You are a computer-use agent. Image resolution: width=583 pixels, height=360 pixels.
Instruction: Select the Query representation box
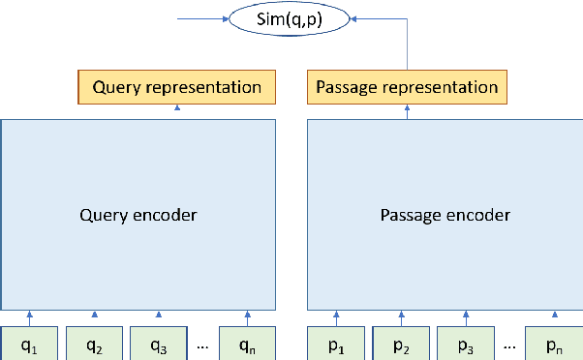177,87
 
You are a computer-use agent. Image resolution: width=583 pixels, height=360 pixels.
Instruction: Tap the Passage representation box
407,87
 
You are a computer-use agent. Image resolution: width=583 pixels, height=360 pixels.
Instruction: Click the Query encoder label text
138,214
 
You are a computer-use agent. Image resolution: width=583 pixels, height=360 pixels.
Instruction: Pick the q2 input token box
94,343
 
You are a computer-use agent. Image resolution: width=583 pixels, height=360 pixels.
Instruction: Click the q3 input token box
158,343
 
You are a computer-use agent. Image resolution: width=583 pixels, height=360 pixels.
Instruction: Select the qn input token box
247,343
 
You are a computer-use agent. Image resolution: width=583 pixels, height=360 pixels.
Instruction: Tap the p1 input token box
337,343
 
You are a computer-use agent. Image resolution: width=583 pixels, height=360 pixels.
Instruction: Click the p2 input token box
401,343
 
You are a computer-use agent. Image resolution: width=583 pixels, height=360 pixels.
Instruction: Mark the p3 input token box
465,343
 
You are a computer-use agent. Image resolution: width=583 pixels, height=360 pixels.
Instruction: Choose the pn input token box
553,343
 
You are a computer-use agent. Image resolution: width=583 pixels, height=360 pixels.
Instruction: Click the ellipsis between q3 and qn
202,344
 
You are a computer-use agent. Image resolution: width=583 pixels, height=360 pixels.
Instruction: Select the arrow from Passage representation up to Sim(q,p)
407,44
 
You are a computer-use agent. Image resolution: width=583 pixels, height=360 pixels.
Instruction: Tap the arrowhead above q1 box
30,315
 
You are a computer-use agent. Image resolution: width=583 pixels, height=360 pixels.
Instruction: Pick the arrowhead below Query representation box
177,109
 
